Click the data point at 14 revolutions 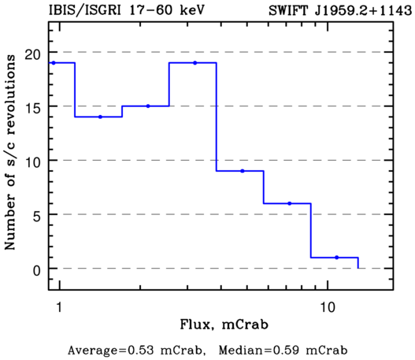(x=100, y=117)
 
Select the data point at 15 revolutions (x=148, y=106)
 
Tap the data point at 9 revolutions (x=243, y=171)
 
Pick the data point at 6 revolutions (x=290, y=203)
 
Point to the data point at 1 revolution (x=337, y=258)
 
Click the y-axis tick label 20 (x=33, y=55)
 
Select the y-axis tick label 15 (x=33, y=109)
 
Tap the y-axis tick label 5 (x=37, y=217)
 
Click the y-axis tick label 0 (x=37, y=271)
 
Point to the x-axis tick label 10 (x=328, y=307)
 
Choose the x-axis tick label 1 (x=60, y=307)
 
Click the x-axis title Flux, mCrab (x=224, y=325)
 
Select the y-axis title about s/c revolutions (x=10, y=152)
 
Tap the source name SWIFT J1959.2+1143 (x=340, y=11)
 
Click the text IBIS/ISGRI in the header (x=85, y=11)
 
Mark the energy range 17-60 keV (x=167, y=10)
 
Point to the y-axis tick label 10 (x=33, y=163)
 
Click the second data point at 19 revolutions (x=195, y=63)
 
